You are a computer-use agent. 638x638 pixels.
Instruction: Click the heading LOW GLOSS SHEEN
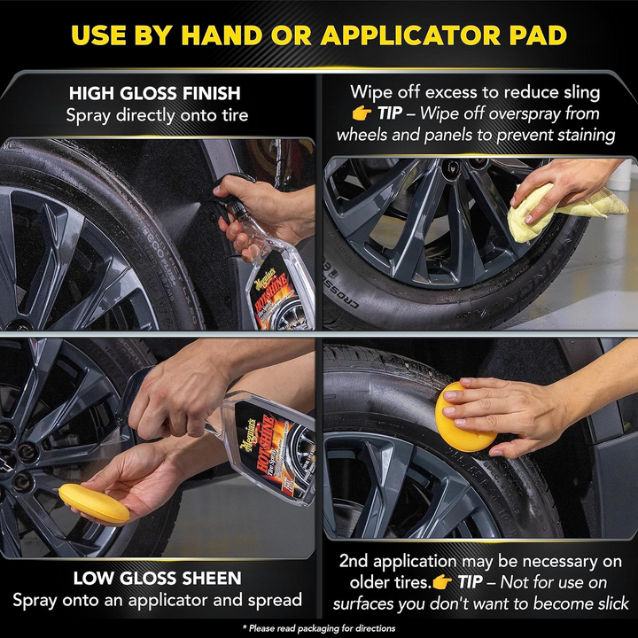(x=157, y=579)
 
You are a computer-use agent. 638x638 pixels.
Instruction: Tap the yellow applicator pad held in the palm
(x=93, y=502)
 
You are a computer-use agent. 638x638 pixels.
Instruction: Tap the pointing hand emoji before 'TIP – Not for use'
(x=444, y=582)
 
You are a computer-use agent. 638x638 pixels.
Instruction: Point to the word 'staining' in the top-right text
(x=577, y=135)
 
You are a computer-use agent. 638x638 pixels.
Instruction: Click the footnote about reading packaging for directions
(x=319, y=626)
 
